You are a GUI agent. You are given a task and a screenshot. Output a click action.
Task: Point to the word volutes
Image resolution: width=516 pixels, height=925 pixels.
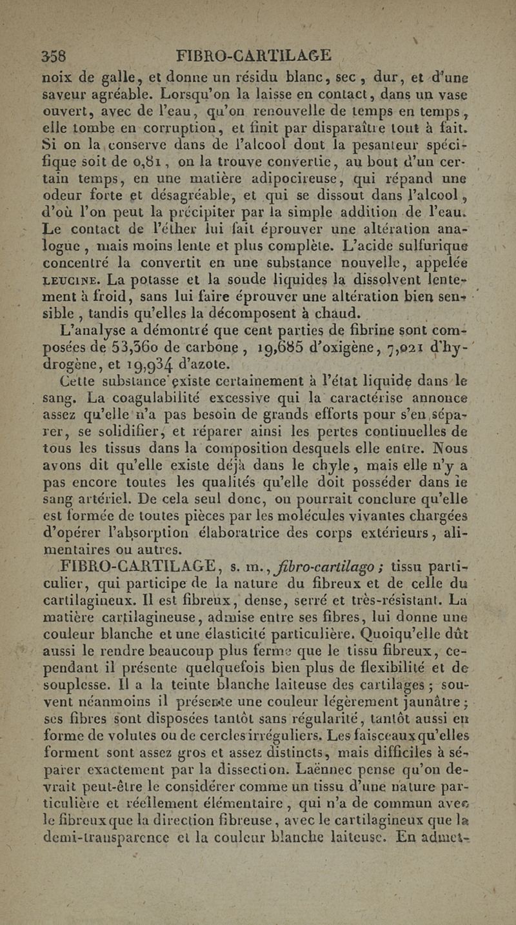pos(125,730)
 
